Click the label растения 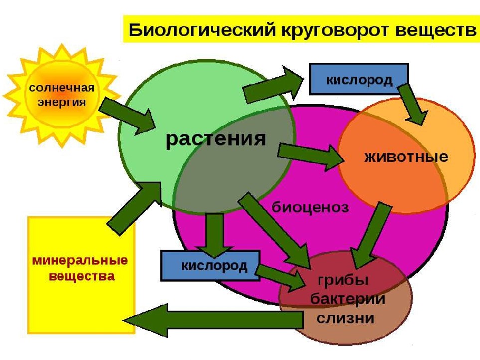[x=216, y=139]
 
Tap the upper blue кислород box [x=359, y=79]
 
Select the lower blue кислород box [x=210, y=265]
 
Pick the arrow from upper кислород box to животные [x=413, y=105]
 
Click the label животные [x=406, y=157]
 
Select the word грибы [x=343, y=280]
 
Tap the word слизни [x=345, y=318]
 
